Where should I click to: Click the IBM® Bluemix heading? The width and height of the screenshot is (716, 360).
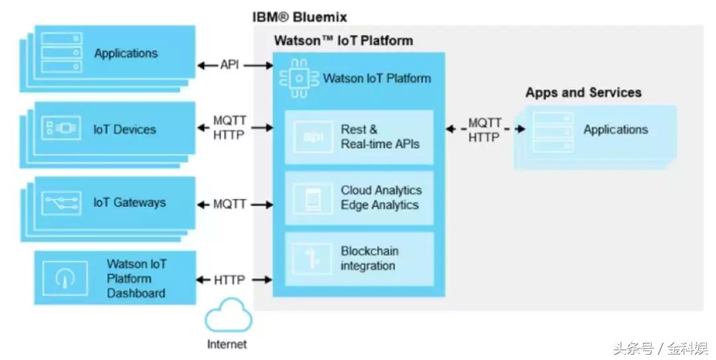click(x=300, y=17)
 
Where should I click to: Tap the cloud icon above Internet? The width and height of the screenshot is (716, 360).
click(x=228, y=317)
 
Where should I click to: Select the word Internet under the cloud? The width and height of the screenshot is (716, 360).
click(x=227, y=344)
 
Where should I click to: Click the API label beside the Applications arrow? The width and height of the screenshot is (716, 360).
click(x=229, y=65)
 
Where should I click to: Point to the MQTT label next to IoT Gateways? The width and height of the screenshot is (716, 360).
click(x=229, y=205)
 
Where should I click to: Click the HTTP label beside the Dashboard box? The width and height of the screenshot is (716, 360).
click(x=229, y=280)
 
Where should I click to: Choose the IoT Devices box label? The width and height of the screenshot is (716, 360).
click(x=125, y=129)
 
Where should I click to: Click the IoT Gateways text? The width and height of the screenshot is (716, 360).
click(x=129, y=203)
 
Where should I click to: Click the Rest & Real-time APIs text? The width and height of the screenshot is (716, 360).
click(x=380, y=137)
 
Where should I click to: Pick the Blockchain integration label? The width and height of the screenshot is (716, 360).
click(x=369, y=259)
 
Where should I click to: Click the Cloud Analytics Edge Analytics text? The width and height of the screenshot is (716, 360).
click(x=381, y=198)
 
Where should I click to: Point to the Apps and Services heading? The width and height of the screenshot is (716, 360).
click(x=583, y=93)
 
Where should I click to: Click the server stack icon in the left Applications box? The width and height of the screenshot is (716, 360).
click(x=61, y=53)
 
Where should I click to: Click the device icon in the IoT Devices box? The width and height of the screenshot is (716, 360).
click(x=61, y=129)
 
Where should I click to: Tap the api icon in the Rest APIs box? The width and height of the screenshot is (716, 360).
click(x=313, y=137)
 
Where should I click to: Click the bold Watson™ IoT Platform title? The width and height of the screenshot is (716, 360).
click(x=343, y=40)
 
